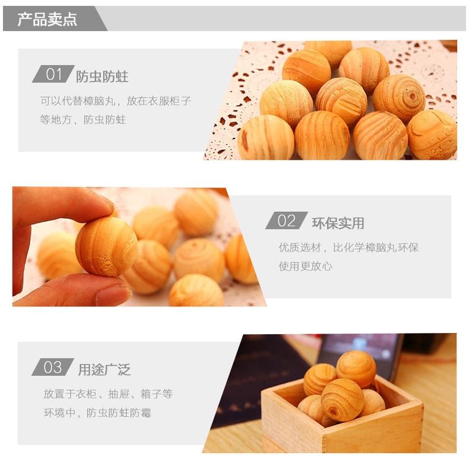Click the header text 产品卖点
pyautogui.click(x=47, y=20)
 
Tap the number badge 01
pyautogui.click(x=53, y=74)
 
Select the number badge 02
pyautogui.click(x=286, y=220)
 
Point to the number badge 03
pyautogui.click(x=53, y=367)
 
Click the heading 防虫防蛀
pyautogui.click(x=102, y=77)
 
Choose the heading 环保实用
pyautogui.click(x=338, y=223)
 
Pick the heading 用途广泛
pyautogui.click(x=104, y=370)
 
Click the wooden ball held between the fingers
pyautogui.click(x=106, y=246)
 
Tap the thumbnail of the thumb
pyautogui.click(x=113, y=294)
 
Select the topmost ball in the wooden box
pyautogui.click(x=356, y=369)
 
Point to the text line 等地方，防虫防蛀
pyautogui.click(x=83, y=120)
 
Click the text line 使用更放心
pyautogui.click(x=305, y=266)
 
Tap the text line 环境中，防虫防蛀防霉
pyautogui.click(x=97, y=413)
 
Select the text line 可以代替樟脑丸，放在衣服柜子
pyautogui.click(x=115, y=101)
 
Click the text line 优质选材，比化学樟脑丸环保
pyautogui.click(x=348, y=248)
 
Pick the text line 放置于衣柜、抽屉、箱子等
pyautogui.click(x=108, y=394)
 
